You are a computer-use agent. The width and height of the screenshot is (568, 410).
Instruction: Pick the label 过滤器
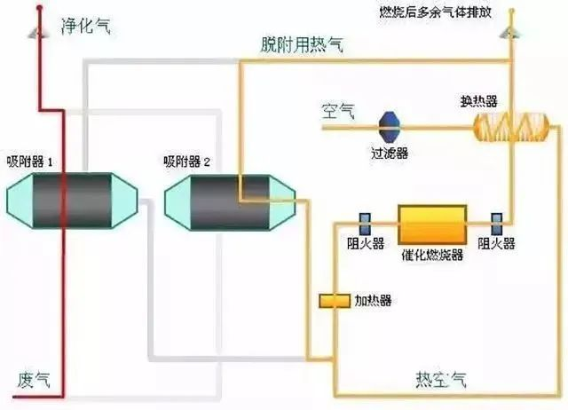(390, 153)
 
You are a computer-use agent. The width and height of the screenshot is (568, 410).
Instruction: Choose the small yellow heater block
(335, 300)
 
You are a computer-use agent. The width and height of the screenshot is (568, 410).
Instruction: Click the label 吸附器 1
(32, 162)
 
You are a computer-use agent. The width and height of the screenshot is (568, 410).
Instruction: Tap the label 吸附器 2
(186, 162)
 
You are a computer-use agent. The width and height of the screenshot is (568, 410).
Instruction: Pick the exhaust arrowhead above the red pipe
(38, 32)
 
